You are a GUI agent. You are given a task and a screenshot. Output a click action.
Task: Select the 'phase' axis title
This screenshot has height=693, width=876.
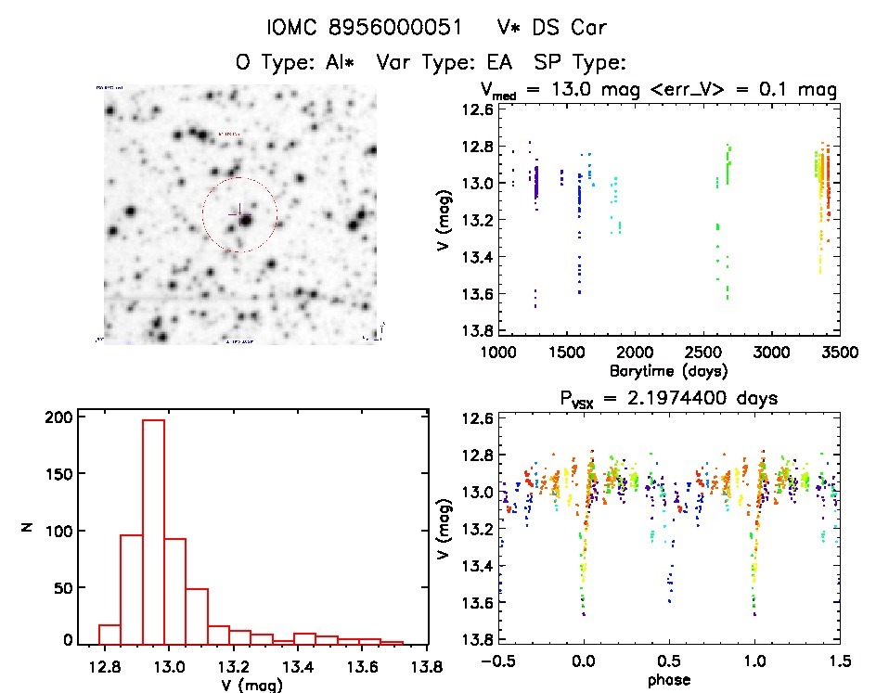tap(668, 679)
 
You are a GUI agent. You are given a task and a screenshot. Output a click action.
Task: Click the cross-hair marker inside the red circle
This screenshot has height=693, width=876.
tap(235, 212)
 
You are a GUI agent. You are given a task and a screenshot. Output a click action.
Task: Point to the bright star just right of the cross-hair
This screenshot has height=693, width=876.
tap(245, 220)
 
